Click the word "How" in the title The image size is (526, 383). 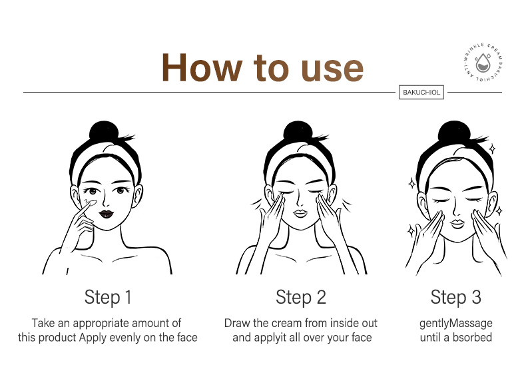(202, 67)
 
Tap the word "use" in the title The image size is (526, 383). (332, 70)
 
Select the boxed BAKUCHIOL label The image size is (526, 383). (421, 93)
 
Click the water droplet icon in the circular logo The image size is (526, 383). (483, 63)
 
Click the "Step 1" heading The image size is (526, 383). (108, 297)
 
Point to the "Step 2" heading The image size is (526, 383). (301, 297)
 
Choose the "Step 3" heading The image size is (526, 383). (456, 297)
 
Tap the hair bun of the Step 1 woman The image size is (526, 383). (104, 131)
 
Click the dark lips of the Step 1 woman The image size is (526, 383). (107, 214)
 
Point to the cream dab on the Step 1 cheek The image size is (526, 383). (90, 202)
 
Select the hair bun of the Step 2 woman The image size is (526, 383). (298, 131)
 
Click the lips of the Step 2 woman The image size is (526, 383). (300, 214)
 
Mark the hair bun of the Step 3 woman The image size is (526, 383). (453, 132)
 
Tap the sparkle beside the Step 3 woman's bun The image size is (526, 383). (492, 149)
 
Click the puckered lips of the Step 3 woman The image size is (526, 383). (457, 224)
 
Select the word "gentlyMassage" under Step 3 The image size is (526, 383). (456, 324)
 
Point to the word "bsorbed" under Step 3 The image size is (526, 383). (472, 337)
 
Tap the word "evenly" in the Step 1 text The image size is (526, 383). (125, 338)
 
